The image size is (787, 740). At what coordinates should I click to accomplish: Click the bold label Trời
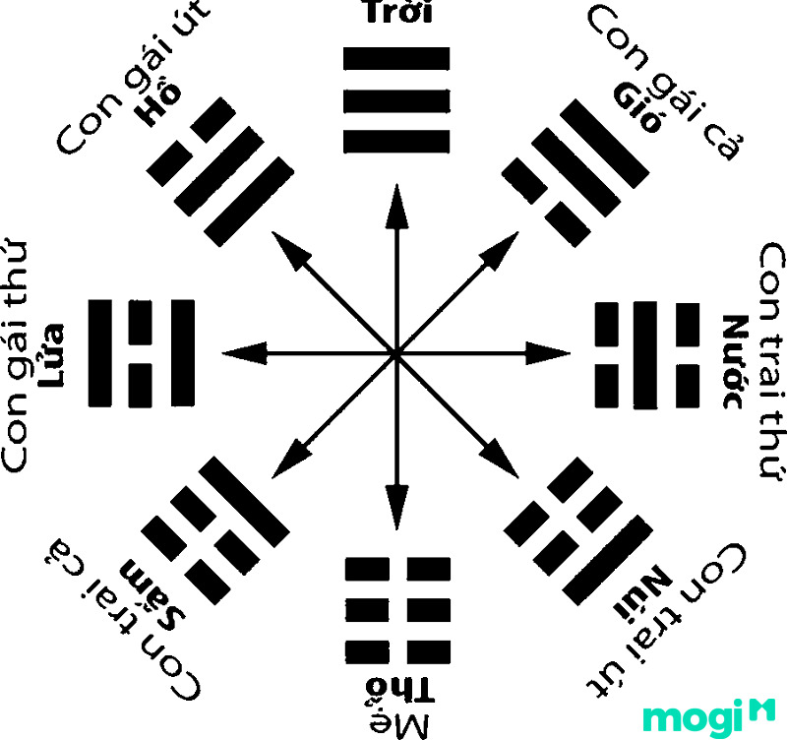click(397, 11)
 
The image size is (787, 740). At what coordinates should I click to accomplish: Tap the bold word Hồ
click(160, 104)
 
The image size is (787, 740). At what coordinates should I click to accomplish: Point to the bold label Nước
click(735, 361)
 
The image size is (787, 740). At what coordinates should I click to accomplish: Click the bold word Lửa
click(52, 355)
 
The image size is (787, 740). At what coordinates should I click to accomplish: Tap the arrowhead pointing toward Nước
click(548, 353)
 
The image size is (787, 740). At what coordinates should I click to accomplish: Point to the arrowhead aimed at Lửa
click(245, 353)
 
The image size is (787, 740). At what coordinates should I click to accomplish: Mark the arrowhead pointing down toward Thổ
click(397, 507)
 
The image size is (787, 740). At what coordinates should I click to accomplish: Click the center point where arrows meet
click(396, 354)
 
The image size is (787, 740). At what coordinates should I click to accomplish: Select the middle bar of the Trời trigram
click(396, 101)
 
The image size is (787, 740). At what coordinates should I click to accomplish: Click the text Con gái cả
click(666, 84)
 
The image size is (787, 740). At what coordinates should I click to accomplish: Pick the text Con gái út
click(132, 77)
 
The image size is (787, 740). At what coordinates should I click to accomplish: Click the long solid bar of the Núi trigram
click(608, 560)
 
